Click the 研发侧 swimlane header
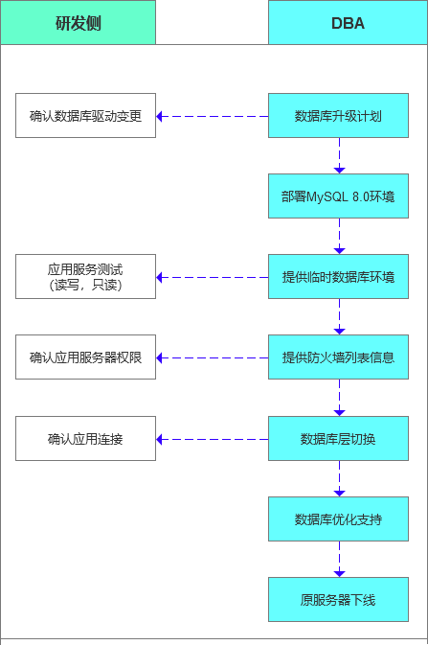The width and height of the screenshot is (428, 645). pos(78,23)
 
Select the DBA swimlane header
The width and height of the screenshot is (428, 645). pos(347,23)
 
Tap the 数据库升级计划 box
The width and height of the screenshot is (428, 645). pos(338,116)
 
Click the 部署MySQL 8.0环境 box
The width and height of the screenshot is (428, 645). pos(338,196)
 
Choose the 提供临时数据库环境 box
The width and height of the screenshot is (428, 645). pos(338,277)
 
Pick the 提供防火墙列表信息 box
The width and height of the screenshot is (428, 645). pos(338,357)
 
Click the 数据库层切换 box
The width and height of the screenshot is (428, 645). pos(338,439)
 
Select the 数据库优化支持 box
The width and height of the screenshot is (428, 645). pos(338,519)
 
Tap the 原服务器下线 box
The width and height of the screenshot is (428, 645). pos(338,600)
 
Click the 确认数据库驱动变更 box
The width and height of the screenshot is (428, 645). pos(85,116)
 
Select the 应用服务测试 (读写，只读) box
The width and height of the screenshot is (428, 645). pos(85,277)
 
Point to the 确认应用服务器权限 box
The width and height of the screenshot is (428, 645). pos(85,357)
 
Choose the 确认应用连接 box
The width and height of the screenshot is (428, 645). pos(85,439)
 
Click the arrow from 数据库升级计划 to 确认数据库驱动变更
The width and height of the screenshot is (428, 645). pos(212,116)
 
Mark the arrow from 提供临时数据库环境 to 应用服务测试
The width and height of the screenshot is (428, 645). pos(212,277)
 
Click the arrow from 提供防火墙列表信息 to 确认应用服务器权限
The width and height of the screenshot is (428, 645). pos(212,357)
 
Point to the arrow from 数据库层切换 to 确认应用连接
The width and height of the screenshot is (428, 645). pos(212,439)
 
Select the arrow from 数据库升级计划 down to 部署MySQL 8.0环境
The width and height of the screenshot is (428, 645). pos(339,156)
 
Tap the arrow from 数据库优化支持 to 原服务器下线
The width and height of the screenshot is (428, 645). pos(339,560)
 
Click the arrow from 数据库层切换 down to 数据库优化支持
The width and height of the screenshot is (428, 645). pos(339,479)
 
